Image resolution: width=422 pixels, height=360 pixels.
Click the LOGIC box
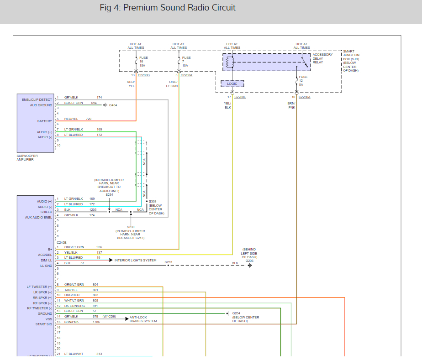pyautogui.click(x=232, y=83)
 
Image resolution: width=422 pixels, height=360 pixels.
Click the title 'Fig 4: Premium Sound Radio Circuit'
pyautogui.click(x=168, y=7)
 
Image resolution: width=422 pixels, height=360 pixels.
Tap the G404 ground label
pyautogui.click(x=113, y=105)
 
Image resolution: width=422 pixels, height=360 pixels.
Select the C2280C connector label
pyautogui.click(x=144, y=75)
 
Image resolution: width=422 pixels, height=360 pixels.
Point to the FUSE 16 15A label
pyautogui.click(x=143, y=62)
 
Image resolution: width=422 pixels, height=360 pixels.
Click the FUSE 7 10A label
pyautogui.click(x=186, y=62)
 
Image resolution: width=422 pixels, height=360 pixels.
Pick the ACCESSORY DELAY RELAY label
pyautogui.click(x=323, y=58)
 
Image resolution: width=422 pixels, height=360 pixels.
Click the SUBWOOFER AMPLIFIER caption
pyautogui.click(x=27, y=157)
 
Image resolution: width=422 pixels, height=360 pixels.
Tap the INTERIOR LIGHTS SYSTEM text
pyautogui.click(x=135, y=260)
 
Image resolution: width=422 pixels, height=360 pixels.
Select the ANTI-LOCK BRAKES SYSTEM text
pyautogui.click(x=143, y=319)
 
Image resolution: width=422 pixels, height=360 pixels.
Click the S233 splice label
pyautogui.click(x=169, y=262)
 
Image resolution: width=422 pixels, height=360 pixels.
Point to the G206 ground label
pyautogui.click(x=249, y=261)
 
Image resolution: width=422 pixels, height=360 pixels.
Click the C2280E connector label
pyautogui.click(x=240, y=97)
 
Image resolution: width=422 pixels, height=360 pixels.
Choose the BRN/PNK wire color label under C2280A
pyautogui.click(x=291, y=105)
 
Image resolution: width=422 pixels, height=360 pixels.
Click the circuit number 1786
pyautogui.click(x=96, y=322)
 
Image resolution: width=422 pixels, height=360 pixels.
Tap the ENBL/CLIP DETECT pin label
pyautogui.click(x=37, y=99)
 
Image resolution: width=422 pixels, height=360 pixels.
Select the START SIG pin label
pyautogui.click(x=44, y=324)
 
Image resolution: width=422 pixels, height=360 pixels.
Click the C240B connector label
pyautogui.click(x=62, y=242)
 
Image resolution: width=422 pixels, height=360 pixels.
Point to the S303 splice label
pyautogui.click(x=153, y=201)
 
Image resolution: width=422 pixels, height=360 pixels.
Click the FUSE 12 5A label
pyautogui.click(x=303, y=81)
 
